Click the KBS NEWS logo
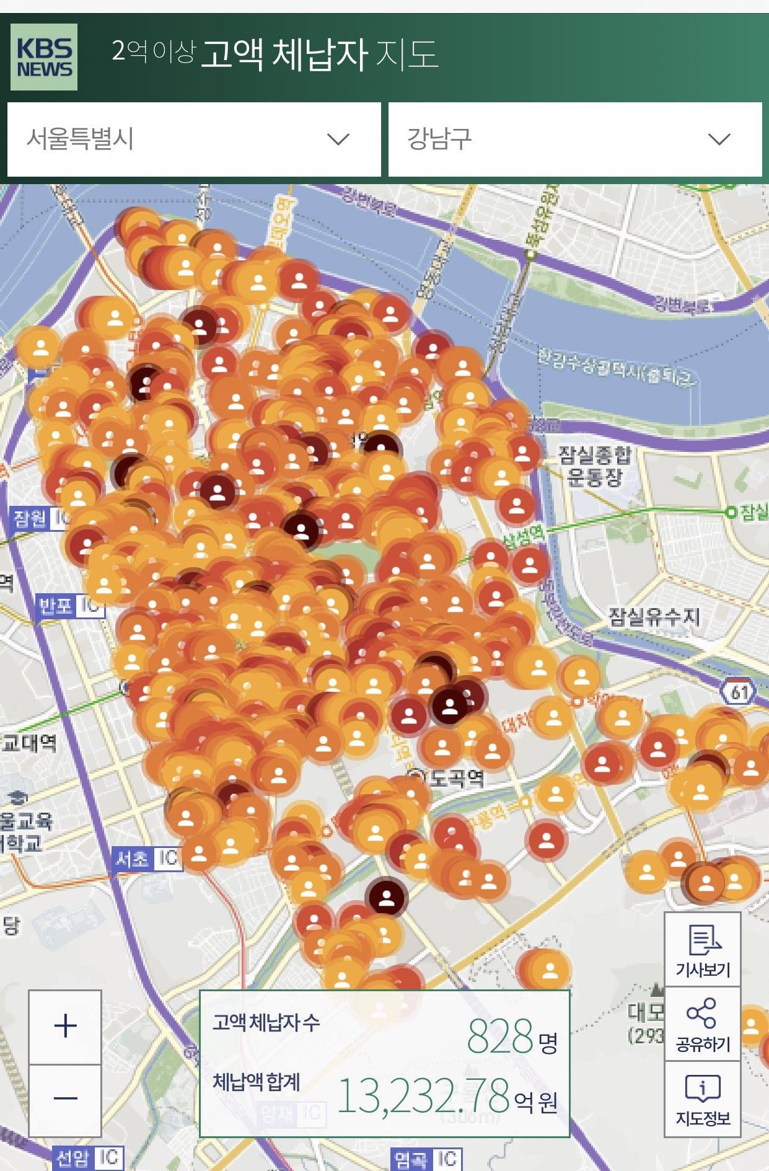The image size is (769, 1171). click(44, 57)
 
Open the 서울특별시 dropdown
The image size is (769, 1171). click(194, 139)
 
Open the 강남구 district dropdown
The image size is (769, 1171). click(574, 139)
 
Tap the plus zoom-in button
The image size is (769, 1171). click(65, 1027)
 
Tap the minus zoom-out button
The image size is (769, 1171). click(65, 1098)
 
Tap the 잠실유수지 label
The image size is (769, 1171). click(654, 616)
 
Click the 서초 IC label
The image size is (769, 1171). click(147, 859)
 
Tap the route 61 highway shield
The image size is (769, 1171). click(739, 691)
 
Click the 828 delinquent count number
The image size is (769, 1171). click(499, 1036)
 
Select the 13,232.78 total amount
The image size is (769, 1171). click(423, 1095)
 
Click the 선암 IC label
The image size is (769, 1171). click(87, 1157)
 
